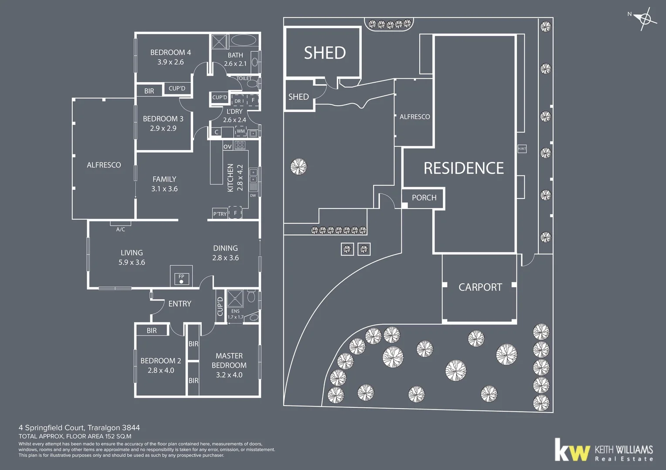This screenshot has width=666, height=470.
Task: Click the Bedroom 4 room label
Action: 170,53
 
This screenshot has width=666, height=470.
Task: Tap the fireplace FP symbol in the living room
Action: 181,279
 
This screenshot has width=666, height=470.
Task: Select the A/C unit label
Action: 121,229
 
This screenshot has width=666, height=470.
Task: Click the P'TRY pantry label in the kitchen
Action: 220,214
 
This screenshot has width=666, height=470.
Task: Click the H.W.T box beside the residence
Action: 522,149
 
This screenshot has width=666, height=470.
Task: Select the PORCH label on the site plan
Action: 424,198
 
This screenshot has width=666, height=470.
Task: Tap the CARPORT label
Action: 480,287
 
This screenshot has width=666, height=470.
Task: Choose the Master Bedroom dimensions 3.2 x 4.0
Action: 229,375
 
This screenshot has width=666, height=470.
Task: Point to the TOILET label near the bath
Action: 244,78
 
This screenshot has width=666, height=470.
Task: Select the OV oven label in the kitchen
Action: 228,147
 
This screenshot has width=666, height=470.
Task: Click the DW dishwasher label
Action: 253,195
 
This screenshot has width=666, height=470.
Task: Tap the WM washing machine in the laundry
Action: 241,131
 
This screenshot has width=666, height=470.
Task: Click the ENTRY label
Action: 180,304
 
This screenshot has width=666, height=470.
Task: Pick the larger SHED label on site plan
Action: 325,53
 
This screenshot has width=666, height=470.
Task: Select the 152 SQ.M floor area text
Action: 118,436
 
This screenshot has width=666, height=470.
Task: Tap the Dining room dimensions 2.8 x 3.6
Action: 225,258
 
